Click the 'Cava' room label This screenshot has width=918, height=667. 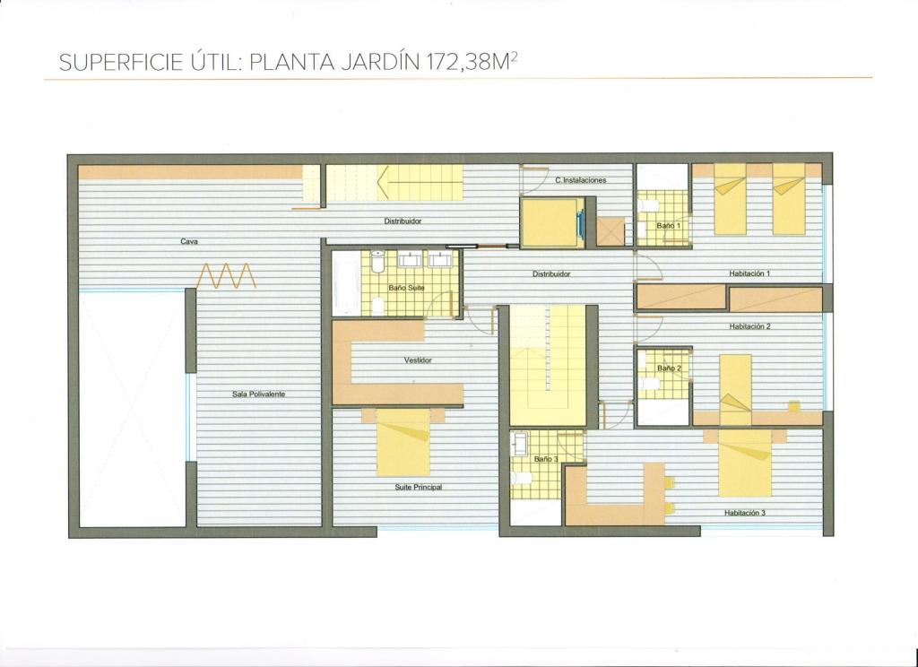[x=189, y=241]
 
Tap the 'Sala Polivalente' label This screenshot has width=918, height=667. [x=258, y=394]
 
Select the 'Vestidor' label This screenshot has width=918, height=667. [x=418, y=360]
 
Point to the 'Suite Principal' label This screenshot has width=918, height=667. [x=418, y=487]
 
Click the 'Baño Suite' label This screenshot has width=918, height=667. [x=406, y=288]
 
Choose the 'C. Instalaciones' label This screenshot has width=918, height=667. [x=581, y=180]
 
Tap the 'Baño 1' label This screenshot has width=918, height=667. [x=668, y=225]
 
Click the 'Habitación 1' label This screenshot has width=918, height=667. [x=749, y=273]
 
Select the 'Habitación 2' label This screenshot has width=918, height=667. [x=749, y=326]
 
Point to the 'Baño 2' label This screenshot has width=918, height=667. [x=669, y=368]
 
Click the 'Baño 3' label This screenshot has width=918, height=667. [x=546, y=459]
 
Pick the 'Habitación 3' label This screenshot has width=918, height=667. [x=745, y=513]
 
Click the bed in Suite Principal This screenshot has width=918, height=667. [x=403, y=442]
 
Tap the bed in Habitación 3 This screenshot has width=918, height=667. [x=745, y=463]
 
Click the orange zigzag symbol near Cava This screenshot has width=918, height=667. [x=226, y=276]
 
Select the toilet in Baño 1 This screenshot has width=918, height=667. [x=647, y=206]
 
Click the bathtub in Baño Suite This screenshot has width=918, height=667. [x=347, y=283]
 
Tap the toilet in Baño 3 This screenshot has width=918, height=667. [x=521, y=478]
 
